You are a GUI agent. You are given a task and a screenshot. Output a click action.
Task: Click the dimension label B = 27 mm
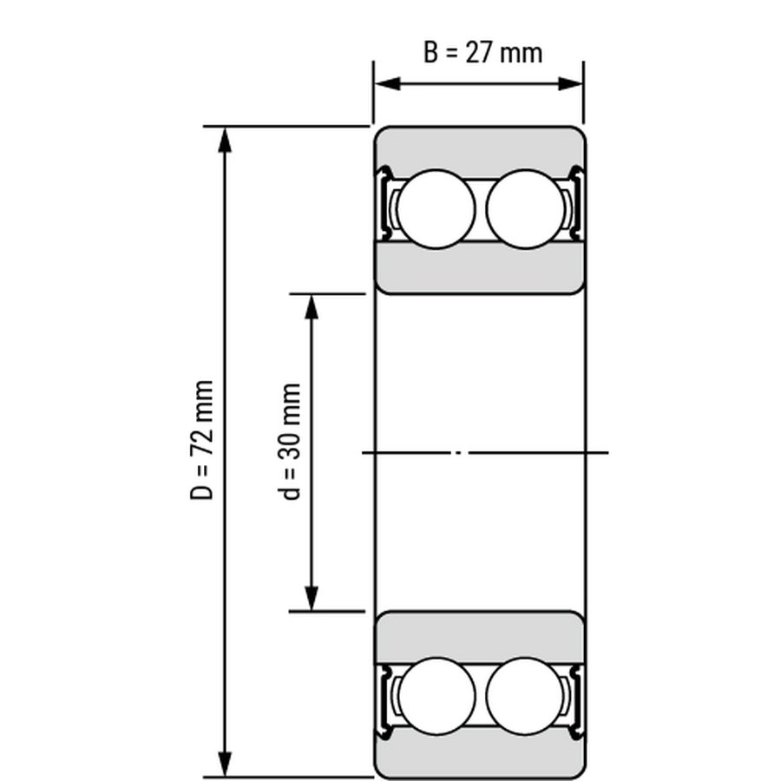click(482, 53)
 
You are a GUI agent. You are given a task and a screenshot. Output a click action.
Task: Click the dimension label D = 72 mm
click(201, 440)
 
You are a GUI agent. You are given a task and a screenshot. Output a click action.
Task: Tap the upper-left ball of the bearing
click(436, 209)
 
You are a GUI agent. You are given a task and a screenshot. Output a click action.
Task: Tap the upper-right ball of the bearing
click(526, 209)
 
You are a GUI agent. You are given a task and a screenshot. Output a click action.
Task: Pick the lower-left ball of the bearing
click(436, 696)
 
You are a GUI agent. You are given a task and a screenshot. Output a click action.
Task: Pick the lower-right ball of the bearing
click(525, 696)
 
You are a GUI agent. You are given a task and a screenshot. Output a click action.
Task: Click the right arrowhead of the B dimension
click(571, 83)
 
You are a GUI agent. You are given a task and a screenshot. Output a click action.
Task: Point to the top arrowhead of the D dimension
click(226, 140)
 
